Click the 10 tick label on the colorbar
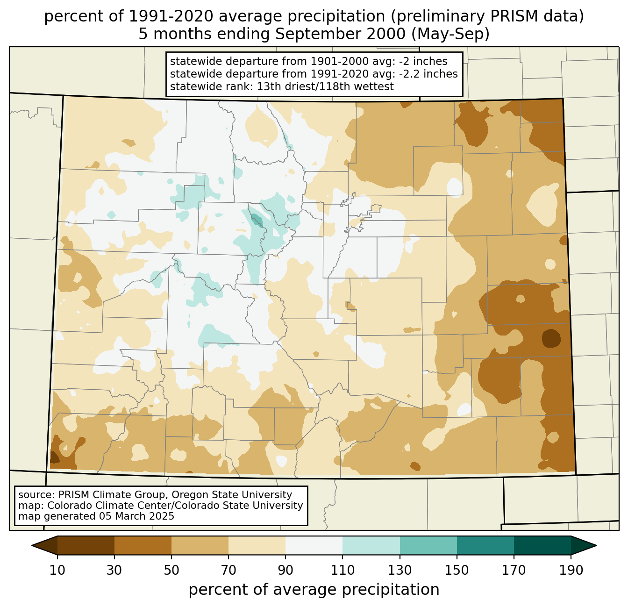point(57,571)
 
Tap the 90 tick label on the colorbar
point(285,571)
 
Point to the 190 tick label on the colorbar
point(571,571)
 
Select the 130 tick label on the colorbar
point(400,571)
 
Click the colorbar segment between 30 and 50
point(143,545)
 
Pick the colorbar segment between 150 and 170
point(485,545)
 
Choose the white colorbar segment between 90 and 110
point(314,545)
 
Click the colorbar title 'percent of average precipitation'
point(314,590)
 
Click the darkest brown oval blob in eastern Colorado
point(551,338)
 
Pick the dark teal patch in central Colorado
point(257,220)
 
